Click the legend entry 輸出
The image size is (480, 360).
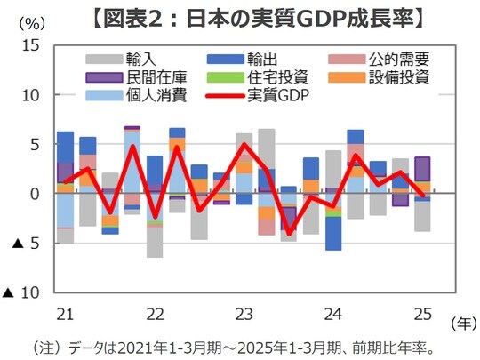(x=262, y=59)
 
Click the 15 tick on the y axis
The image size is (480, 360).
(x=30, y=44)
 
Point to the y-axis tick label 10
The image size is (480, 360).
(x=30, y=94)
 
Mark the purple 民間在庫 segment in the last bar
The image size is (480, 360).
(x=424, y=169)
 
